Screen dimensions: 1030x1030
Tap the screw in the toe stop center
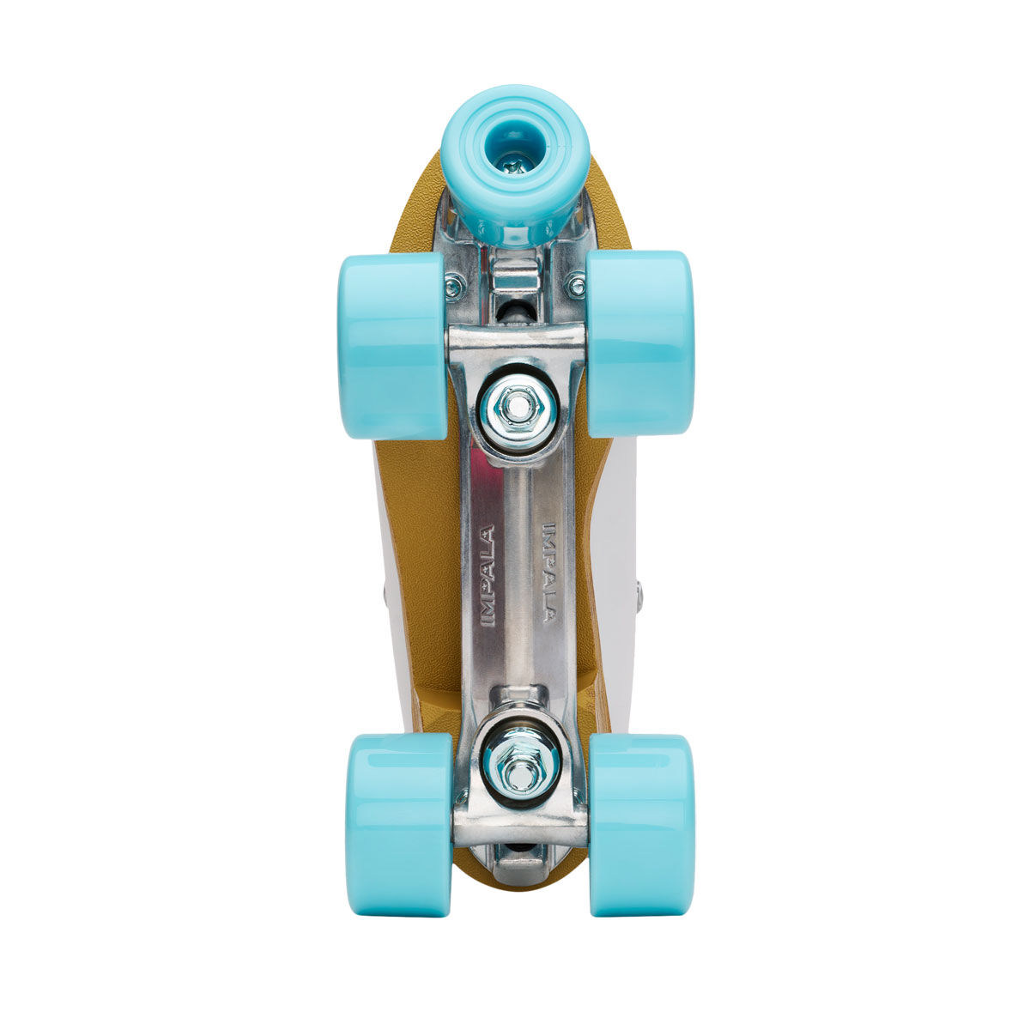click(x=515, y=162)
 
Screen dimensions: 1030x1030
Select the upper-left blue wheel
click(x=391, y=345)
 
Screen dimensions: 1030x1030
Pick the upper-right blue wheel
click(x=639, y=344)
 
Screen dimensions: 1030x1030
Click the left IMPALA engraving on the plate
click(x=487, y=577)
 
